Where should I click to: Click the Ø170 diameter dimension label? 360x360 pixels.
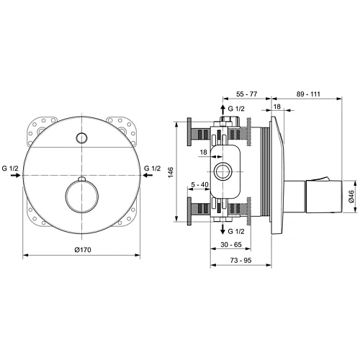84,251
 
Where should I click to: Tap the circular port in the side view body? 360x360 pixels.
222,171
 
